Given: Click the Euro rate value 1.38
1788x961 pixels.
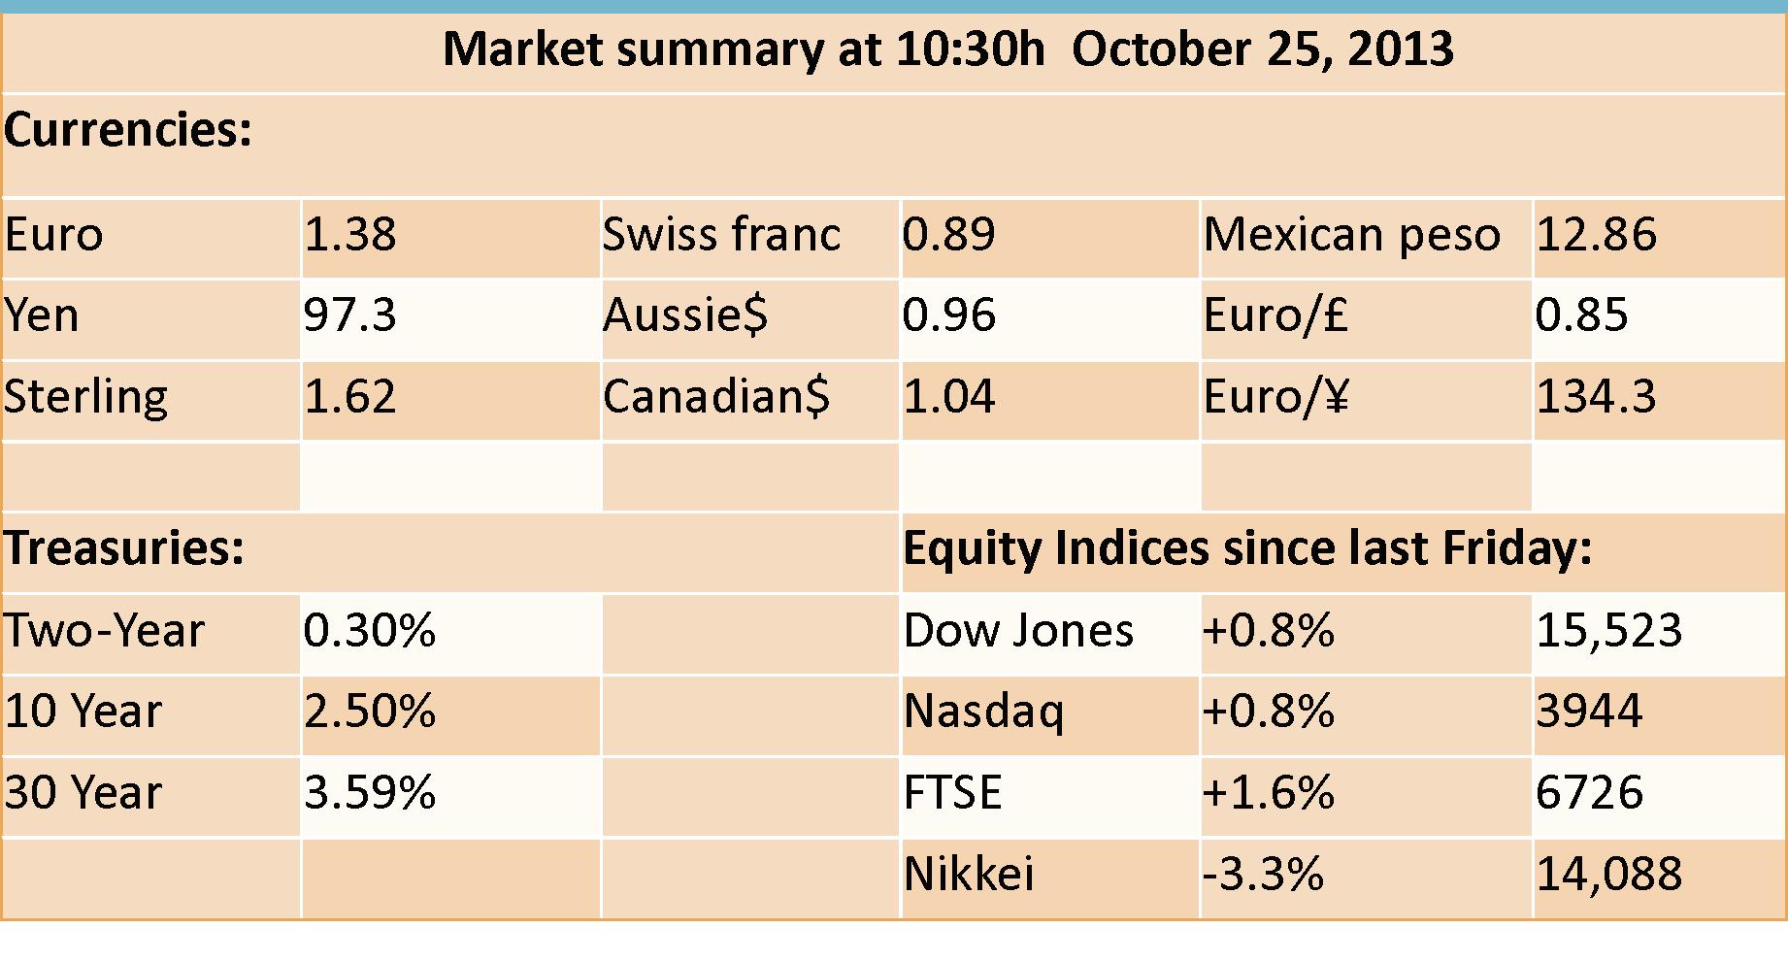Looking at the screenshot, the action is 350,235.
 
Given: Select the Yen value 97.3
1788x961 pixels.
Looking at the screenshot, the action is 349,315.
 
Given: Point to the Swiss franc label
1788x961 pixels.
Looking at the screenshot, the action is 721,234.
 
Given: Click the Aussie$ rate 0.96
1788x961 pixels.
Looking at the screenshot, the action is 949,315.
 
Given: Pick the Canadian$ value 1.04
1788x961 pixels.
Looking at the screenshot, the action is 949,397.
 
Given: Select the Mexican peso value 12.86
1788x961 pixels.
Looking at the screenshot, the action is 1597,235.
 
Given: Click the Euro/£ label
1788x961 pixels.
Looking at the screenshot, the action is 1275,315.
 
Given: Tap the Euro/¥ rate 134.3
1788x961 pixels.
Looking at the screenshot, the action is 1597,397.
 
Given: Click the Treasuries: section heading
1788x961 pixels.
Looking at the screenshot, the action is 124,547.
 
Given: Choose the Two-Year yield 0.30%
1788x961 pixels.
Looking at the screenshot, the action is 370,631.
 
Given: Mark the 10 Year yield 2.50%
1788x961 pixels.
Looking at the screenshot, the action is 370,712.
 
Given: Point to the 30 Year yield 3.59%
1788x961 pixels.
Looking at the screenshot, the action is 370,793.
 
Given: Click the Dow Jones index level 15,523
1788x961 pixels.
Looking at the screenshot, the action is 1608,631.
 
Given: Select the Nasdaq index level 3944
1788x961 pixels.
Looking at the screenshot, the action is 1589,712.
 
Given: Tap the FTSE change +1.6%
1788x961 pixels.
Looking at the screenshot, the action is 1269,793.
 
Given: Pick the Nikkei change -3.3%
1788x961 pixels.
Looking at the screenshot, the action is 1263,874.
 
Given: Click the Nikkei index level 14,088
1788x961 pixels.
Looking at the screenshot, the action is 1608,874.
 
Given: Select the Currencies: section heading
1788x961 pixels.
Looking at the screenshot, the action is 128,130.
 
